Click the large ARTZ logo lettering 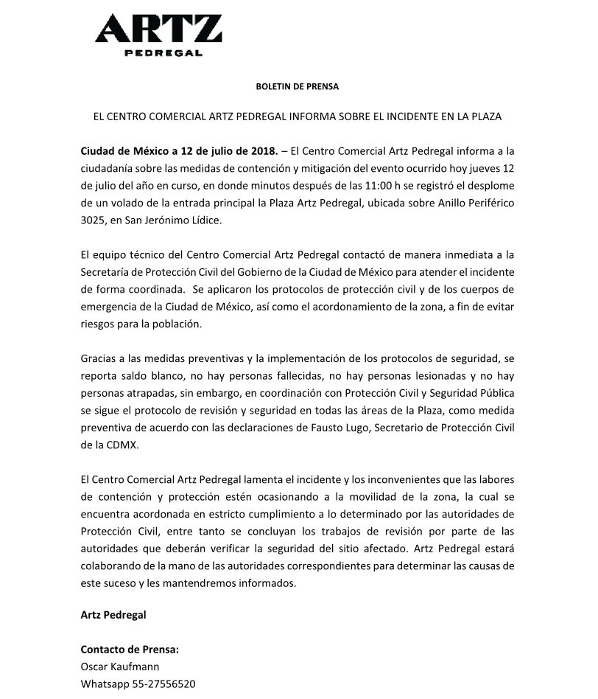tap(158, 29)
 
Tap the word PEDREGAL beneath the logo tap(158, 53)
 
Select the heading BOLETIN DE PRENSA tap(297, 86)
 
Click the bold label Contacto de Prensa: tap(130, 650)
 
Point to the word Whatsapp tap(102, 684)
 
